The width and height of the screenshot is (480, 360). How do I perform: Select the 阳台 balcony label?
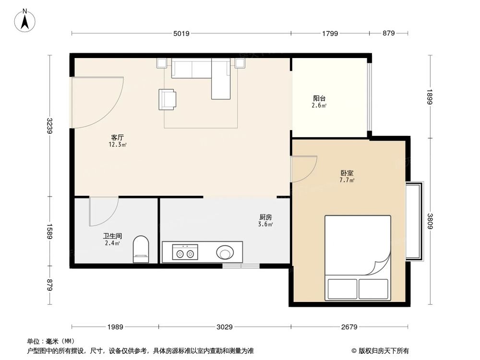point(320,98)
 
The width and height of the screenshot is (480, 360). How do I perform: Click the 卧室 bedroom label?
point(348,173)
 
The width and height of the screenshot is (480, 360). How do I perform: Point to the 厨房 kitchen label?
point(265,217)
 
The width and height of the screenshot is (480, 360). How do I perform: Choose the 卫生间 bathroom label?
point(112,236)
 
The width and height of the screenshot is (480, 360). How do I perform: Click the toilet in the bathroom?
point(141,249)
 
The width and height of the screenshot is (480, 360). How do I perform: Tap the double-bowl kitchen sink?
point(185,252)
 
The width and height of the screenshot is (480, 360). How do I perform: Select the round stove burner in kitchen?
point(225,252)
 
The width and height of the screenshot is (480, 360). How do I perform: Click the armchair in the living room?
point(167,99)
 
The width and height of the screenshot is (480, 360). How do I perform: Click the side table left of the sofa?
point(161,63)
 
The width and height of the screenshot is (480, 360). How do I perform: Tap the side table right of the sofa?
point(240,63)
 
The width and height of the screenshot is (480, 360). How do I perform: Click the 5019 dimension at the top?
point(181,33)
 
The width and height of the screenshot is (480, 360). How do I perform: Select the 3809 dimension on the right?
point(430,221)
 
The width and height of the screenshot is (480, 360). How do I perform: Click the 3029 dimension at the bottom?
point(224,327)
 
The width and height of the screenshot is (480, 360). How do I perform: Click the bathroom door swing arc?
point(108,214)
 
